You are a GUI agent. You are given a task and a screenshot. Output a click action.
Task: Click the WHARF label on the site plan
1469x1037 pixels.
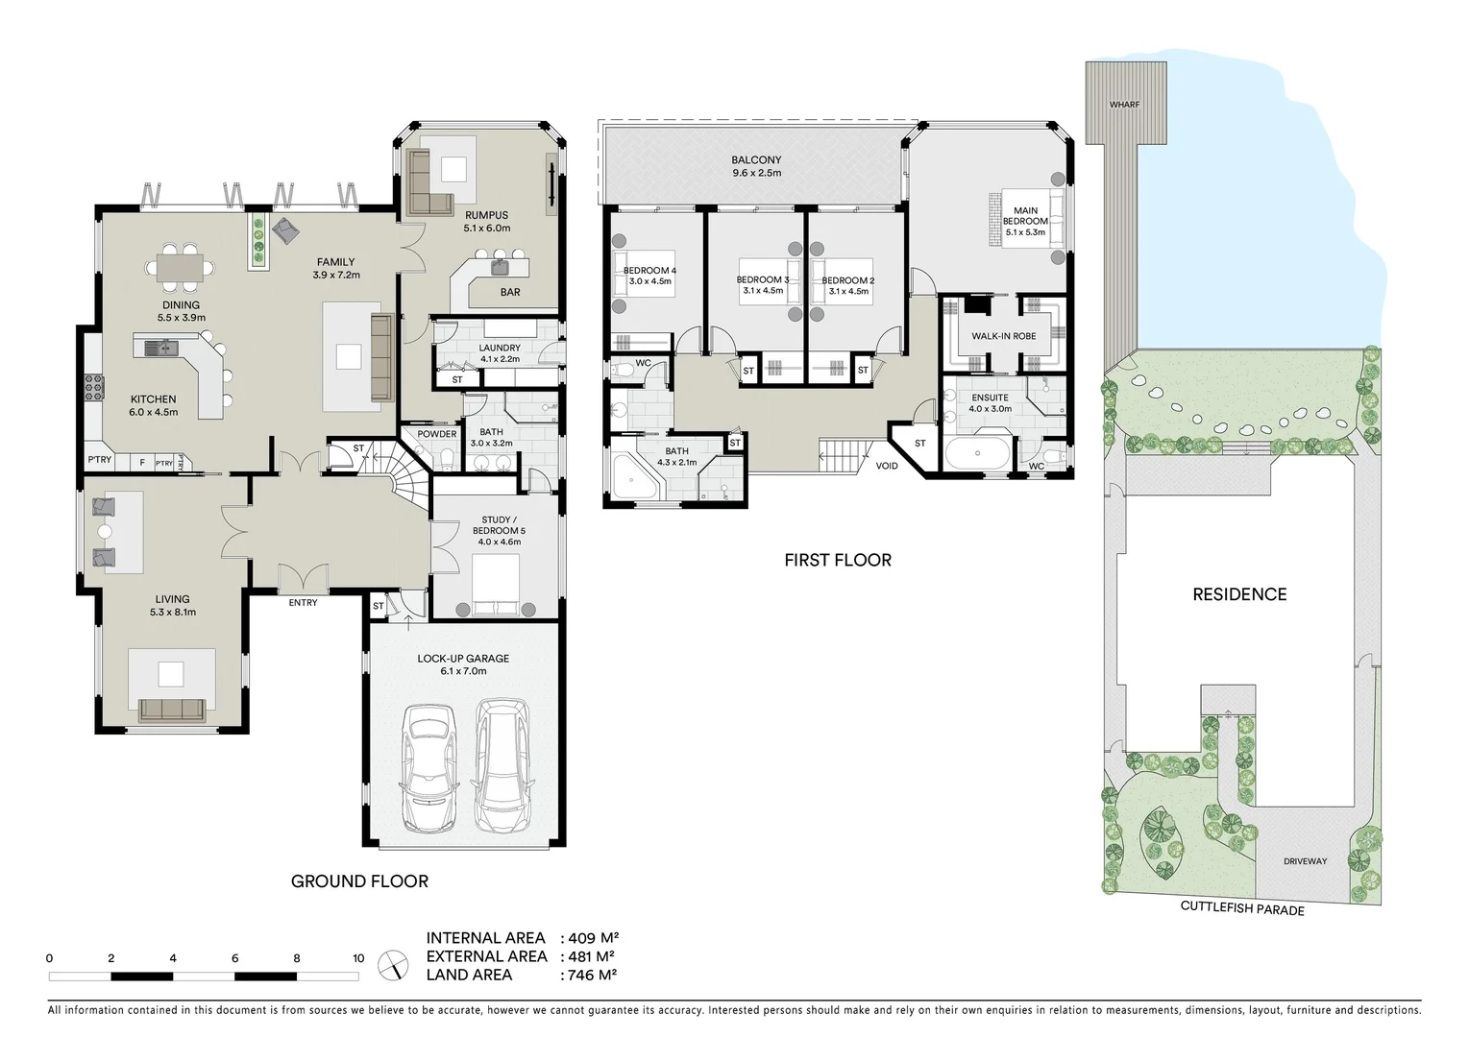pyautogui.click(x=1124, y=104)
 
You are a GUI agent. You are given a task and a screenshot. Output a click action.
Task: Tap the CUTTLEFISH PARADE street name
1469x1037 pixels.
pyautogui.click(x=1241, y=907)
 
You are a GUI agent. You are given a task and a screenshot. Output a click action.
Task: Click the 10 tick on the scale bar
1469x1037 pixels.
pyautogui.click(x=358, y=958)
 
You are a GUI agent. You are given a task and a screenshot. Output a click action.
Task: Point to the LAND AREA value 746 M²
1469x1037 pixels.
pyautogui.click(x=588, y=975)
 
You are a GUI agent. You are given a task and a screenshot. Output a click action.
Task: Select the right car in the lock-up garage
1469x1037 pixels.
pyautogui.click(x=501, y=767)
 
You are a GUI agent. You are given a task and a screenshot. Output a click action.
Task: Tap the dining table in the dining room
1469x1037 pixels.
pyautogui.click(x=181, y=265)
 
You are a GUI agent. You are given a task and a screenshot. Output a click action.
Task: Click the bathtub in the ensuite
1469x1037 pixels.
pyautogui.click(x=978, y=452)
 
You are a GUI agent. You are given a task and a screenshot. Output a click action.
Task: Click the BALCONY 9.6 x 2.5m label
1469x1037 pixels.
pyautogui.click(x=756, y=166)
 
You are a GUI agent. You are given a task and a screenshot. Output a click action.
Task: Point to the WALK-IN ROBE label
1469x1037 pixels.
pyautogui.click(x=1003, y=337)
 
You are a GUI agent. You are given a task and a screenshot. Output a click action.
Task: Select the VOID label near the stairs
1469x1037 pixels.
pyautogui.click(x=887, y=467)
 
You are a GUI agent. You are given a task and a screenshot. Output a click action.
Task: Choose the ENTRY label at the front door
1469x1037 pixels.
pyautogui.click(x=303, y=603)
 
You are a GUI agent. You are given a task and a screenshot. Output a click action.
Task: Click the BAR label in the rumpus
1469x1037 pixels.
pyautogui.click(x=510, y=292)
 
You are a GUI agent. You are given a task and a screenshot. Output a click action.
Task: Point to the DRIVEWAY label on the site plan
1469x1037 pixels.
pyautogui.click(x=1305, y=861)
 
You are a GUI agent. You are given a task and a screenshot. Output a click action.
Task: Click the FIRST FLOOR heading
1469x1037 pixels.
pyautogui.click(x=837, y=560)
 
